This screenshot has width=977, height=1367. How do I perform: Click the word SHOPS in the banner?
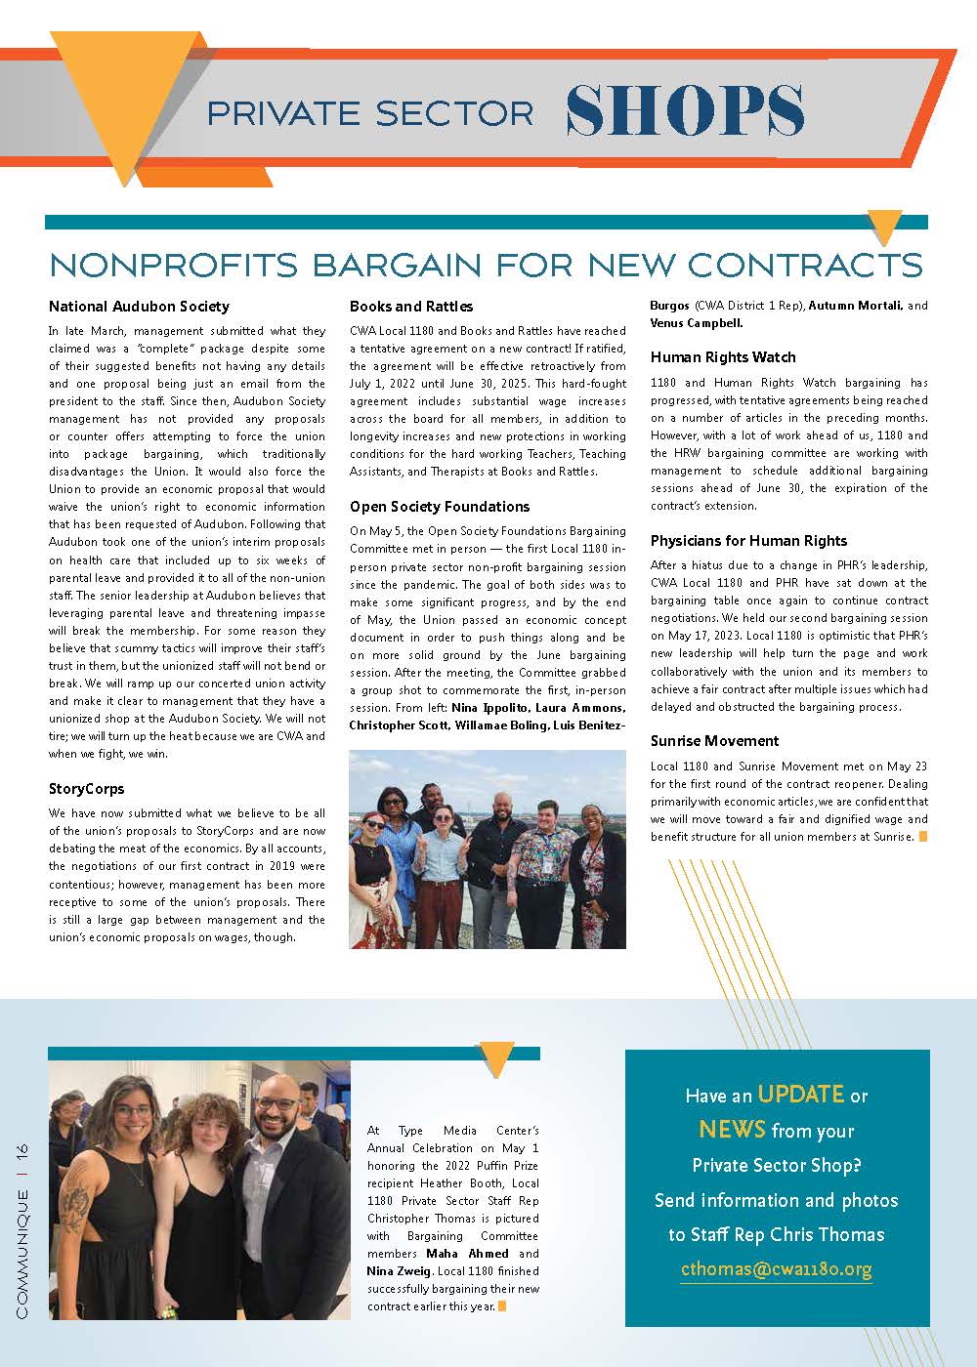pos(685,109)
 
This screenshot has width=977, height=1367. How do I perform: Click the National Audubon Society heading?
pos(139,307)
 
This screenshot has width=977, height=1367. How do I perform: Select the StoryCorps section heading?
pos(87,788)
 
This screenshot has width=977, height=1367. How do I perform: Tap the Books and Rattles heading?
pos(411,307)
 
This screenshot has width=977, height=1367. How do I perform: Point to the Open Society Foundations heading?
pos(440,507)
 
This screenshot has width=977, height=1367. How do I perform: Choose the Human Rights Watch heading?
pos(723,357)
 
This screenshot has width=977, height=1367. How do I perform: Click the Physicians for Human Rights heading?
pos(748,541)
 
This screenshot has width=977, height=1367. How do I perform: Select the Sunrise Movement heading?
pos(715,741)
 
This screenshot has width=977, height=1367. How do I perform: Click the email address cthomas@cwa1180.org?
pos(776,1269)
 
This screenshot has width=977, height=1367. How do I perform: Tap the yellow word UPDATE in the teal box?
pos(800,1095)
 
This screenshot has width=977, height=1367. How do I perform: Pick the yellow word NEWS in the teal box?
pos(732,1130)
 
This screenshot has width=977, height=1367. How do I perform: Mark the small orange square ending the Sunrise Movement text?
pos(922,837)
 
